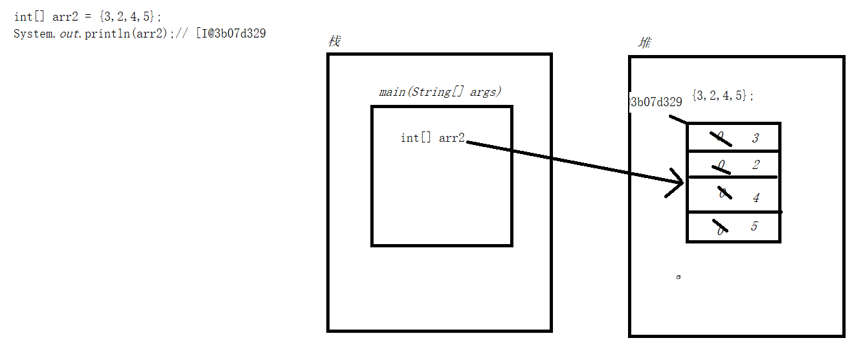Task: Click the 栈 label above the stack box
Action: (334, 42)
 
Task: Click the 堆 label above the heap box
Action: (645, 43)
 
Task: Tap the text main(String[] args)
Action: (440, 92)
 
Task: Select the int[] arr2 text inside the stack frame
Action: (432, 138)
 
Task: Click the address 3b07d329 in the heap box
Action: (657, 102)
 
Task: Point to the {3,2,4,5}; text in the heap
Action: (723, 96)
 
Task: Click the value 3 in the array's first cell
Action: (755, 138)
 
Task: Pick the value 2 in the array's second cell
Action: (756, 165)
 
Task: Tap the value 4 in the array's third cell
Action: (756, 198)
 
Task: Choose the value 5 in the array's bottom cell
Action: (754, 227)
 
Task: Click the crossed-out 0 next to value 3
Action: (720, 137)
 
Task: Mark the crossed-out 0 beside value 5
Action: (719, 228)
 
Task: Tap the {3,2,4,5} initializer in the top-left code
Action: (128, 17)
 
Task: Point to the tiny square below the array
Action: (678, 277)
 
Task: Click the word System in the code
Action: (32, 34)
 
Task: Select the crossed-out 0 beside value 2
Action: (721, 166)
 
